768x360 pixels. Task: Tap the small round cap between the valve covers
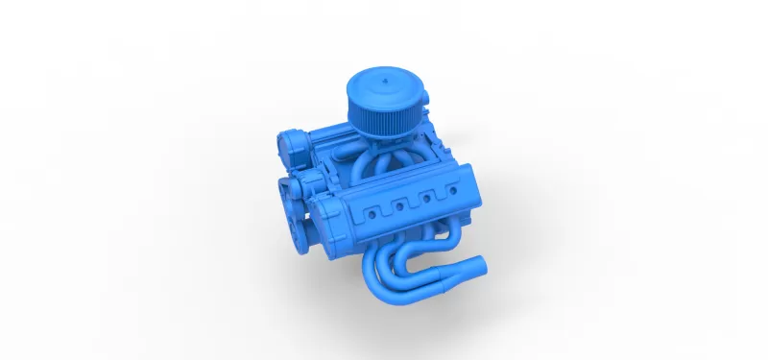coord(313,182)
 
